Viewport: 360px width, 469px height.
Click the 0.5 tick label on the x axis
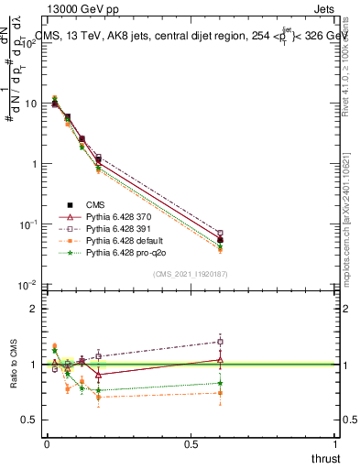[191, 444]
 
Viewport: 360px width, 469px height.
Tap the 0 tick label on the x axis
[47, 444]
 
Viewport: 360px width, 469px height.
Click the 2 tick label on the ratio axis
[33, 309]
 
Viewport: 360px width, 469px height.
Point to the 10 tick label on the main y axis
[29, 104]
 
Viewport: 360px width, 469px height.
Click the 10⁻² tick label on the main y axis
[27, 285]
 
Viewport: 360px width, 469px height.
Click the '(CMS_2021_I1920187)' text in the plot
[189, 274]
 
